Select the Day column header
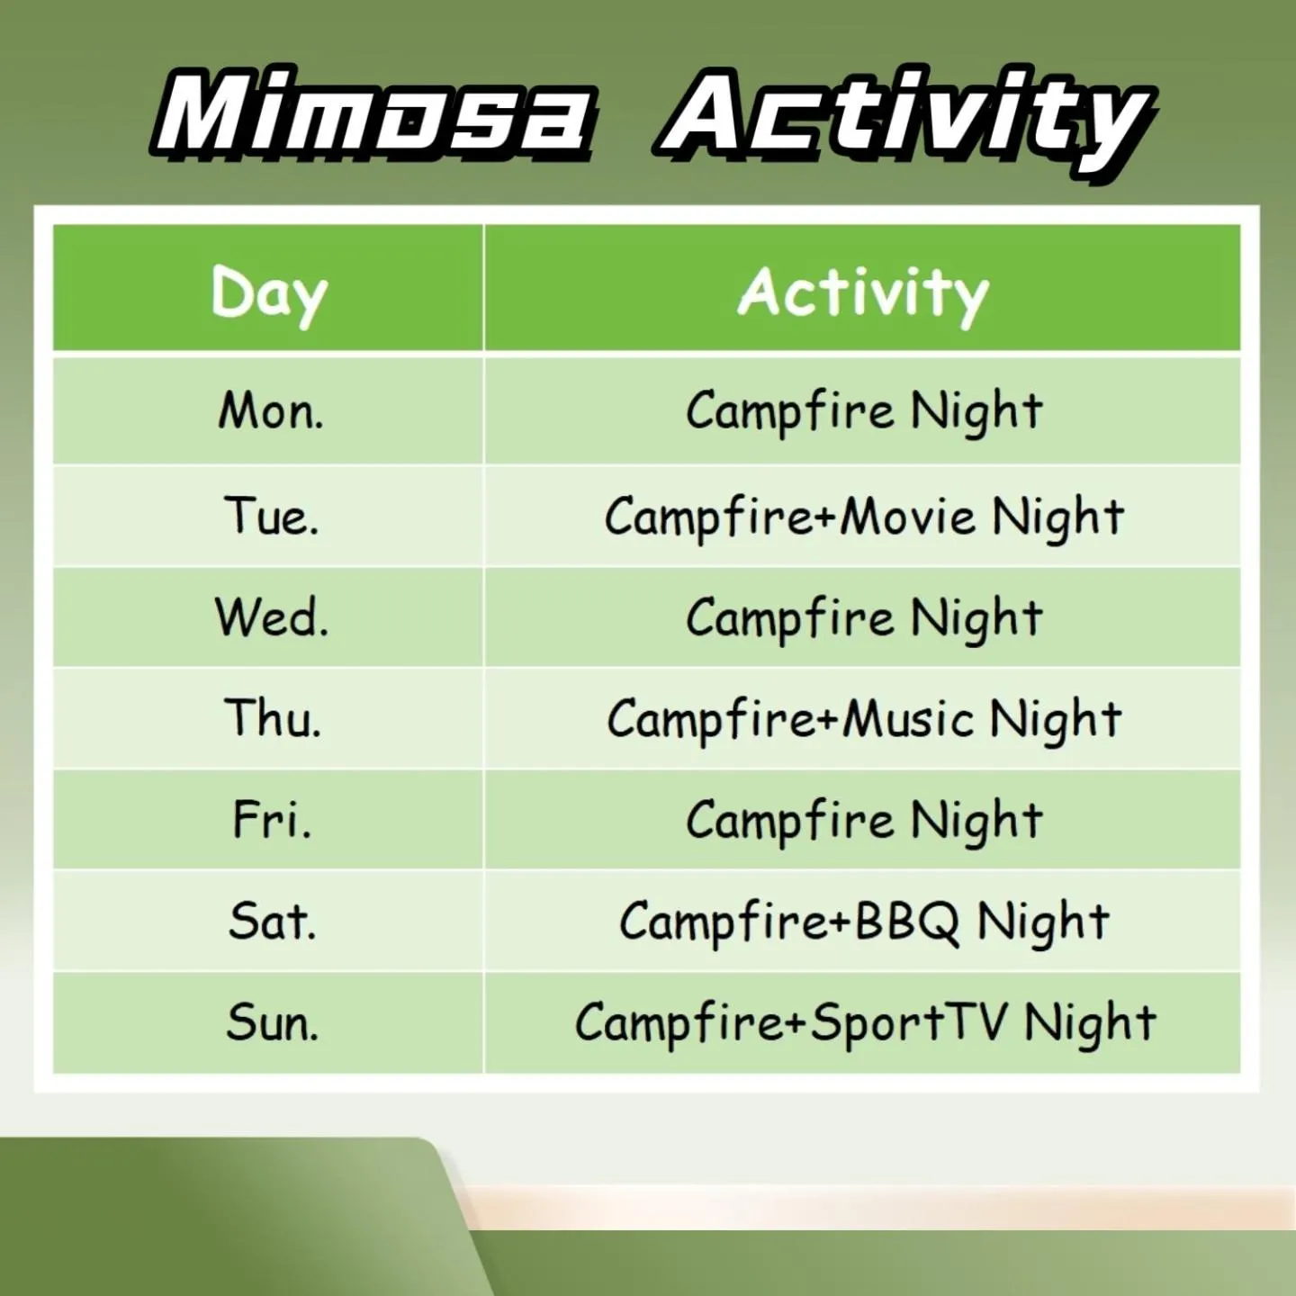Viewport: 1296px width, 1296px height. (x=269, y=293)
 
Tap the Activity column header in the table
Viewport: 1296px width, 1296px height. (x=863, y=293)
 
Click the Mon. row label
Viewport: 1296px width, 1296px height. (x=271, y=411)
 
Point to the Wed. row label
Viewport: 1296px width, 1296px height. (x=271, y=618)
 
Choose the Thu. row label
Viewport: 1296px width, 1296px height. (x=272, y=719)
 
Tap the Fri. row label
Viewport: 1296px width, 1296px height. (x=272, y=820)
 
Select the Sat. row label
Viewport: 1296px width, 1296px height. (x=272, y=922)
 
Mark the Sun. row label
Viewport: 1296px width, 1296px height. (x=272, y=1022)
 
